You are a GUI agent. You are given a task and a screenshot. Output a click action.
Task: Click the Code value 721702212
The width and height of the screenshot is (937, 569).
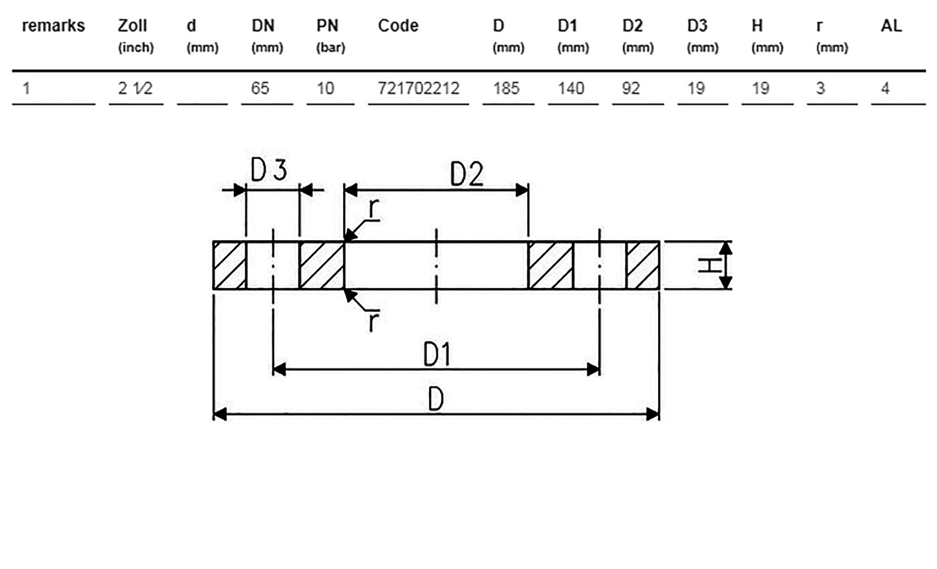click(x=418, y=88)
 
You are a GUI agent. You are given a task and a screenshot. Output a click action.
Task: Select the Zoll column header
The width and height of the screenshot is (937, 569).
click(x=132, y=25)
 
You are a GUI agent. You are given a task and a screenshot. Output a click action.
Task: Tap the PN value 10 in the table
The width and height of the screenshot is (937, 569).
click(x=325, y=88)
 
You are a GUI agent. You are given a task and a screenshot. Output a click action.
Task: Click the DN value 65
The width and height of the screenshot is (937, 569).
click(x=260, y=88)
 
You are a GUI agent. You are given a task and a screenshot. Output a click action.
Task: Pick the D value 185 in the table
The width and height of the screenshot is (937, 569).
click(x=506, y=88)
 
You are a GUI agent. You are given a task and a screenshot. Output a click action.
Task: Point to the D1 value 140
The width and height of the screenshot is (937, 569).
click(x=571, y=88)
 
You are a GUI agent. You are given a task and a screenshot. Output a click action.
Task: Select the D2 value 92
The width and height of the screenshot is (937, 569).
click(x=631, y=88)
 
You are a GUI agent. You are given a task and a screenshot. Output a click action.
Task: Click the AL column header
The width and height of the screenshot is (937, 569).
click(x=891, y=25)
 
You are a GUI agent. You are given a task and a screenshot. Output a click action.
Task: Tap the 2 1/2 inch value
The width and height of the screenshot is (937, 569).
click(x=135, y=88)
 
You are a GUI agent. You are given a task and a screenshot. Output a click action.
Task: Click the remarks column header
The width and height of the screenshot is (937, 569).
click(x=53, y=25)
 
